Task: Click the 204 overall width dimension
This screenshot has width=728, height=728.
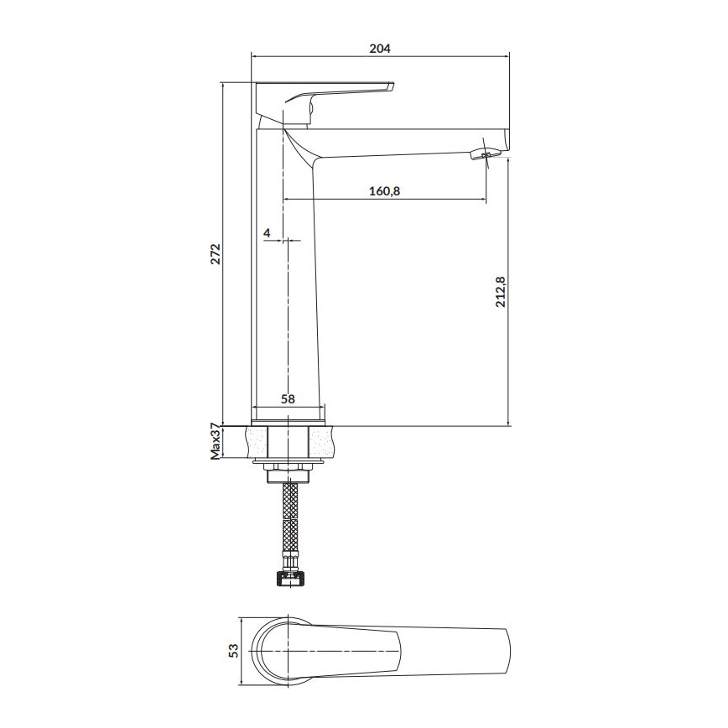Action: pyautogui.click(x=380, y=49)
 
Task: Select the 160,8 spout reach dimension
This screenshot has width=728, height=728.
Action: pyautogui.click(x=385, y=190)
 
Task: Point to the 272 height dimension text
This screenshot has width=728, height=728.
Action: pyautogui.click(x=215, y=254)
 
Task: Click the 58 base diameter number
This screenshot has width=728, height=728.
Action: pyautogui.click(x=288, y=399)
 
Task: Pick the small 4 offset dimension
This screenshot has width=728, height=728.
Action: pyautogui.click(x=267, y=232)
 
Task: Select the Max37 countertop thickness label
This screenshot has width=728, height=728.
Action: pyautogui.click(x=215, y=441)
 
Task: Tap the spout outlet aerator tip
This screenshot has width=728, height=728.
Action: pyautogui.click(x=486, y=154)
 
